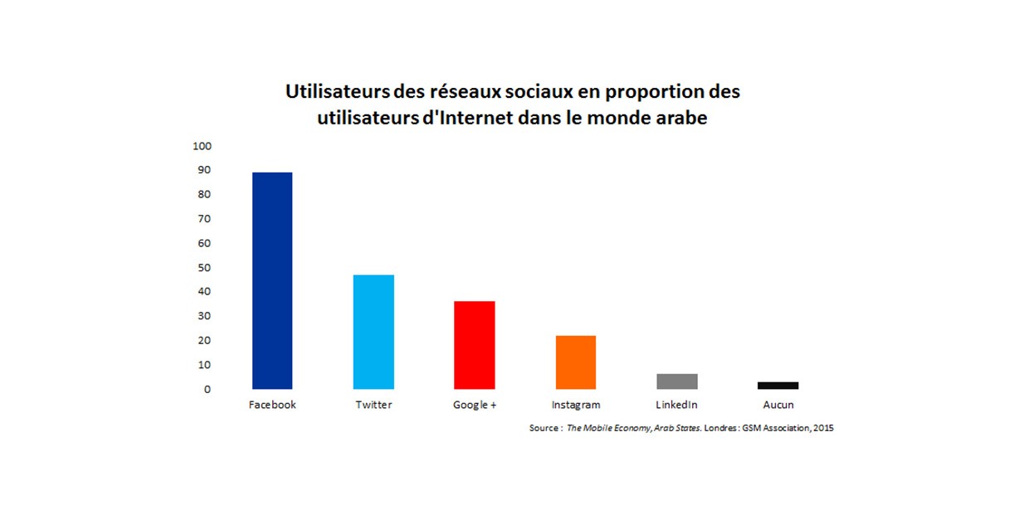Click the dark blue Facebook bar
coord(272,280)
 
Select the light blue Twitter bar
coord(373,332)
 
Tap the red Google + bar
coord(474,345)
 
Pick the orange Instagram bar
coord(575,362)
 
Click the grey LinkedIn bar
coord(677,381)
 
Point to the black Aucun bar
coord(778,386)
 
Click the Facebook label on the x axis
coord(272,405)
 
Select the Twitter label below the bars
coord(373,405)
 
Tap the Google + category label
coord(475,405)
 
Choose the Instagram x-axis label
coord(576,405)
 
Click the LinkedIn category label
coord(676,405)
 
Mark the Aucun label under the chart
coord(778,405)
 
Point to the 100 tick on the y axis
coord(202,146)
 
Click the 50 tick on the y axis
coord(205,268)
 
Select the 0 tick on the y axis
coord(207,389)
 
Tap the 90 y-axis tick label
coord(205,170)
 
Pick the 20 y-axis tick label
coord(205,341)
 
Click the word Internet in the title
coord(471,118)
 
